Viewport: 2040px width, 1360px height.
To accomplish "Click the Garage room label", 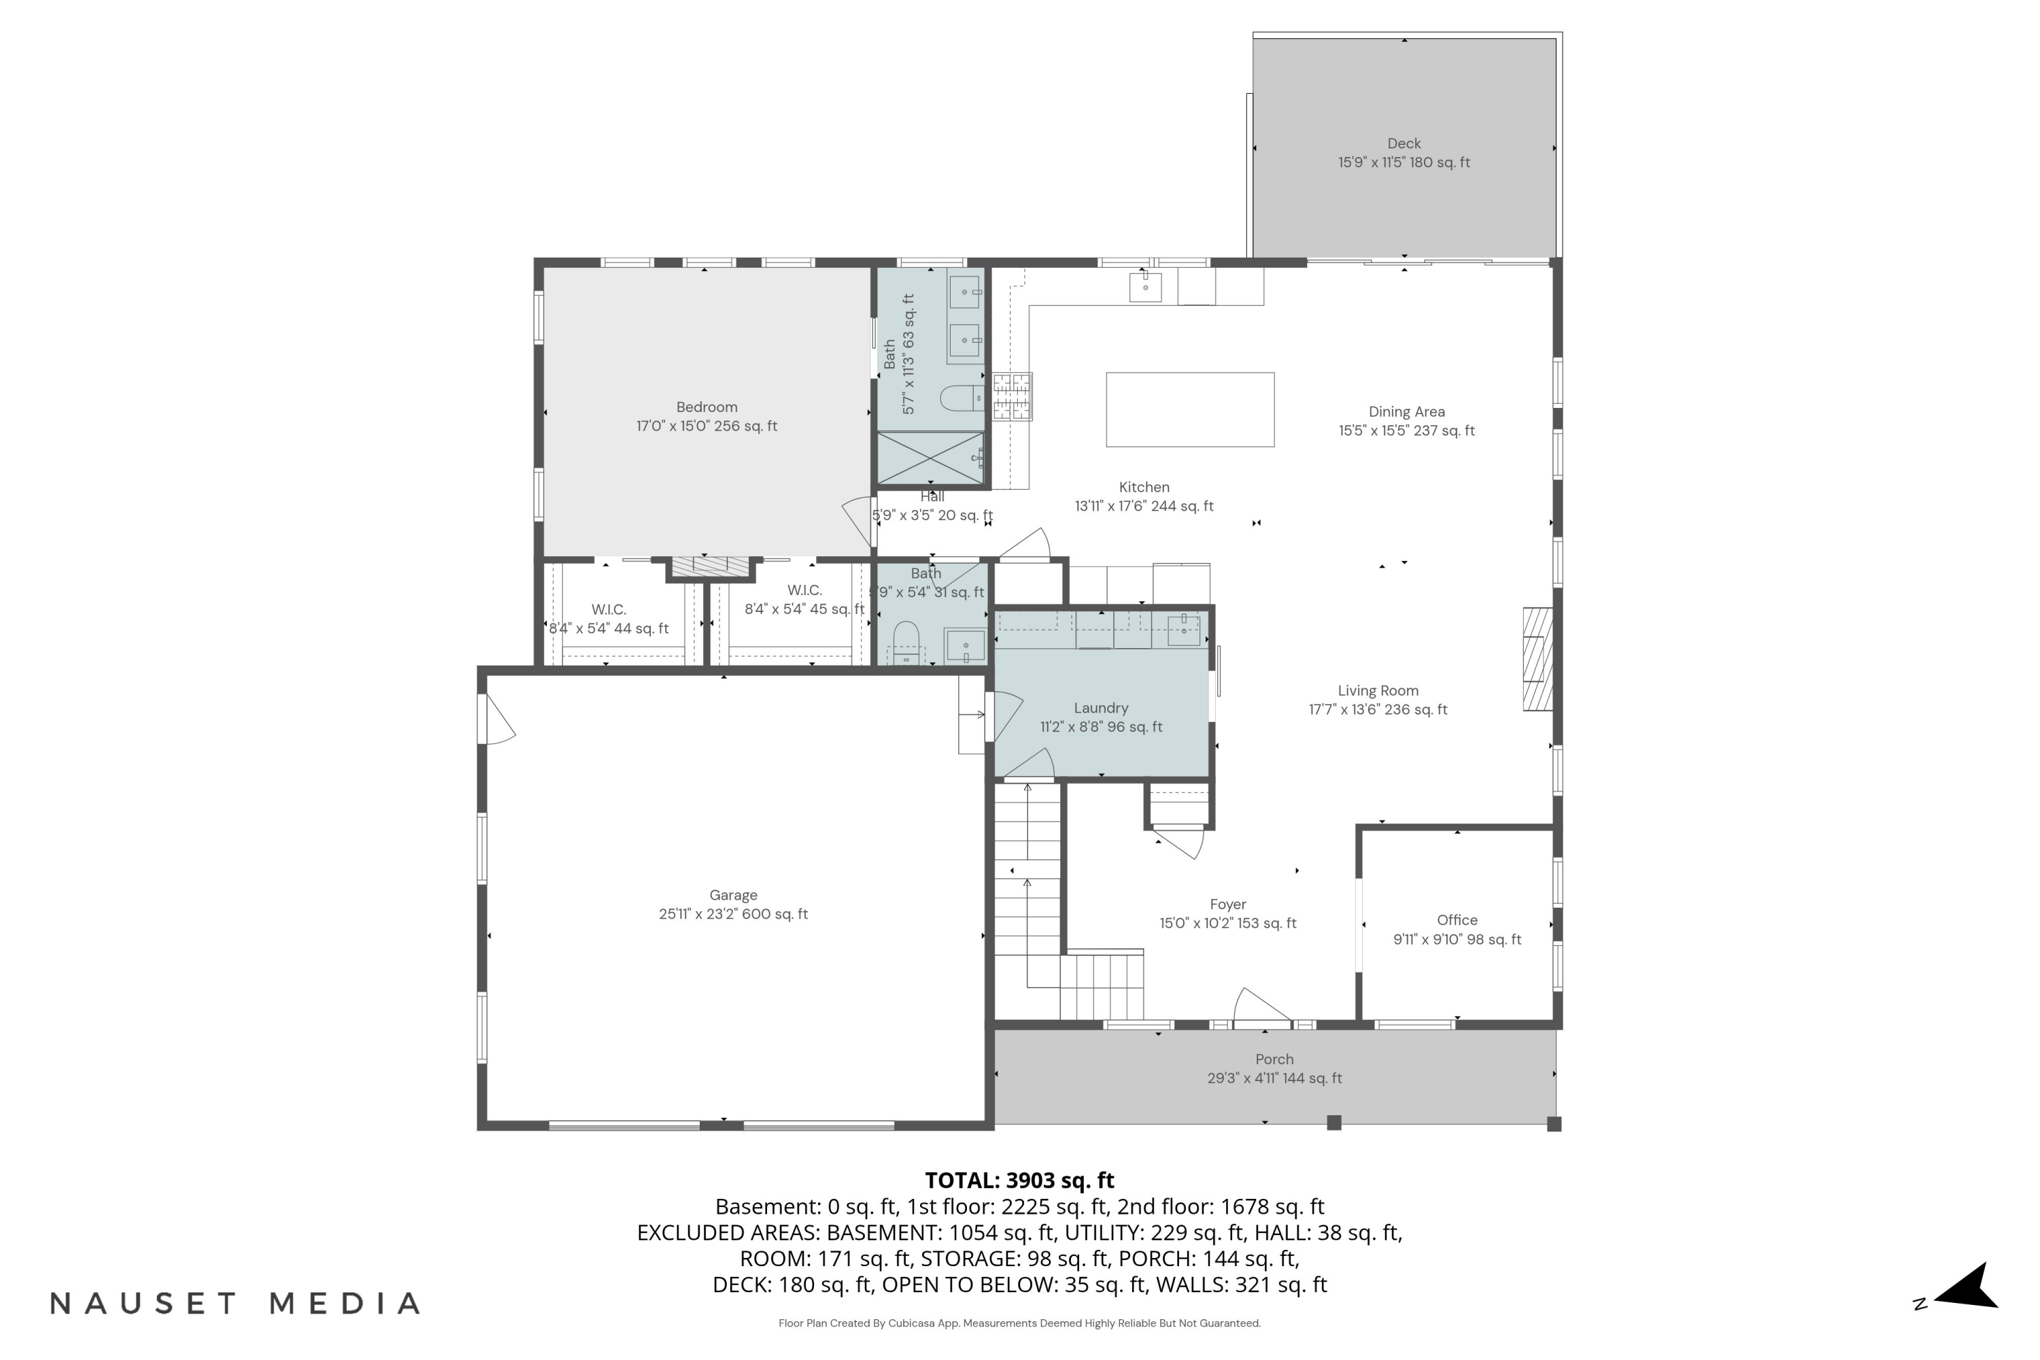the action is click(x=733, y=894).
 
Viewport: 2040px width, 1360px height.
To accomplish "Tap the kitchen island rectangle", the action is click(x=1189, y=409).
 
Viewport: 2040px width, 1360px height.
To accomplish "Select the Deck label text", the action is click(x=1404, y=143).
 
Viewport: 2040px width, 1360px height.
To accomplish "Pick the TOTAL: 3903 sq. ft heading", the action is click(x=1019, y=1180).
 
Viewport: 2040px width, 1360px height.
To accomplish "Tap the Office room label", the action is click(x=1457, y=919).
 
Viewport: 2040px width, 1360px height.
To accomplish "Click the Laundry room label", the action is click(x=1101, y=708).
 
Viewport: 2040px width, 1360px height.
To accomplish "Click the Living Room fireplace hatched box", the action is click(x=1537, y=659).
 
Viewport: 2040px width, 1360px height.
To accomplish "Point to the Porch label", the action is click(x=1274, y=1059).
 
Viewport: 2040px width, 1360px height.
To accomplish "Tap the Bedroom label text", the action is click(x=707, y=407).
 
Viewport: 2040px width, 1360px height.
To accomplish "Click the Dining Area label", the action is click(x=1406, y=411).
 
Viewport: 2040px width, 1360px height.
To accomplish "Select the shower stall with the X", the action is click(x=931, y=457).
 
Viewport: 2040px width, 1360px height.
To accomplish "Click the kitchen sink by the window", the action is click(x=1145, y=286).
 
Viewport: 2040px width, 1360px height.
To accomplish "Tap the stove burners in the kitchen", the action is click(x=1013, y=396).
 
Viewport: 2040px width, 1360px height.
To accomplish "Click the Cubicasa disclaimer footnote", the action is click(x=1019, y=1323).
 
